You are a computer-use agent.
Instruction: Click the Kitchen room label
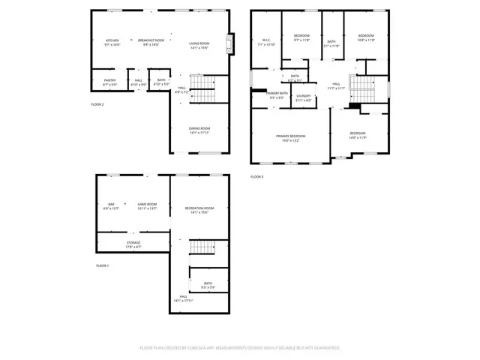(112, 42)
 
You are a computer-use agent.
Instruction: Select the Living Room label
(199, 45)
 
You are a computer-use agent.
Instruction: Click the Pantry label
(109, 82)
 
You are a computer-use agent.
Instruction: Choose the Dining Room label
(199, 130)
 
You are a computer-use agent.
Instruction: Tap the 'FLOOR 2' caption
(97, 104)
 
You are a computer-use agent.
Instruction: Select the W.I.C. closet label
(266, 42)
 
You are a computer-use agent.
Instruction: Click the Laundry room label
(304, 97)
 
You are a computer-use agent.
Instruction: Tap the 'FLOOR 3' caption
(257, 177)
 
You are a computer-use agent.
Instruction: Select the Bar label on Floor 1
(111, 206)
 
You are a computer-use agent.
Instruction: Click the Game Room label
(147, 206)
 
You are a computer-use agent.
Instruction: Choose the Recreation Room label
(199, 209)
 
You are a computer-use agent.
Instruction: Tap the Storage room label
(133, 244)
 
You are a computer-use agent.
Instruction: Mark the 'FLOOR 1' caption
(102, 266)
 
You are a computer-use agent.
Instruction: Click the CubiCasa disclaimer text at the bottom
(240, 348)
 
